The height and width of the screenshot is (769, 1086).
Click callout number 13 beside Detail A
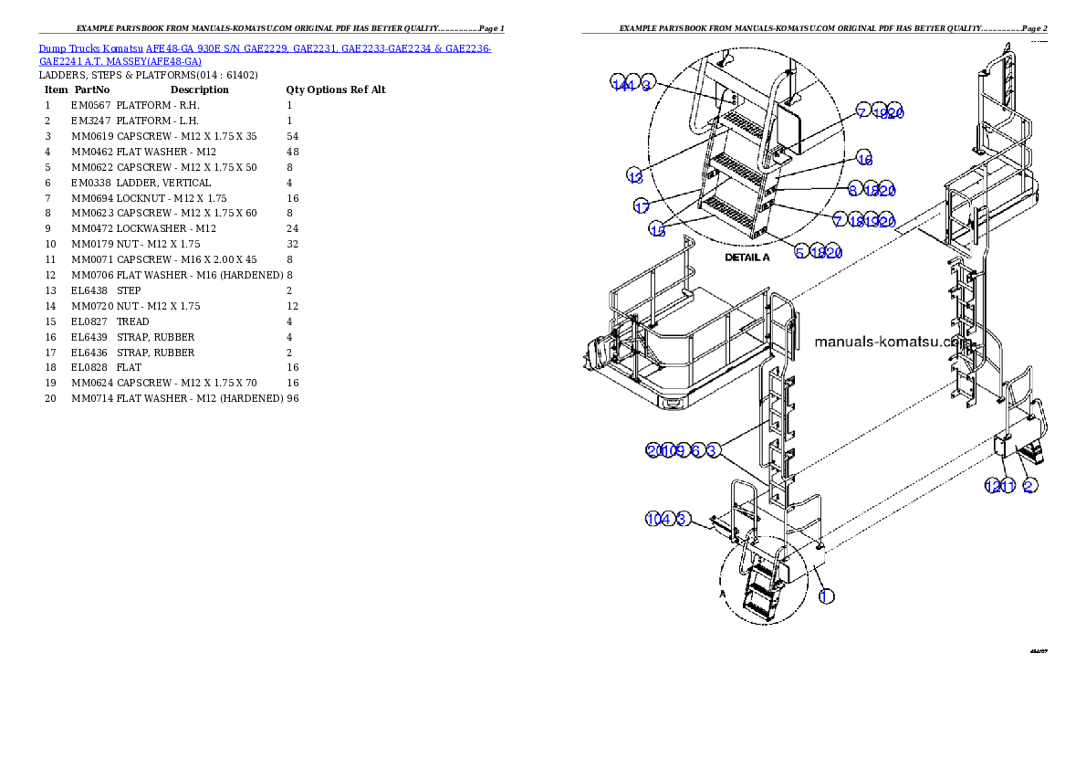coord(635,175)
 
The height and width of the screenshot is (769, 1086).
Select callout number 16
coord(864,159)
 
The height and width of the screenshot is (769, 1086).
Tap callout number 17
coord(642,206)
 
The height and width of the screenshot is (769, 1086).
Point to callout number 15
coord(658,230)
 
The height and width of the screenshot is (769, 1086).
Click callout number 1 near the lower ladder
coord(825,595)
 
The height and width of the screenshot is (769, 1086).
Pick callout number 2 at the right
coord(1029,486)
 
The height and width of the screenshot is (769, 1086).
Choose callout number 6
coord(696,450)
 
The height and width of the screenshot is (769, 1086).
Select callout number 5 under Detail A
coord(800,252)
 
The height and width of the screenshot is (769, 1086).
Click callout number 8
coord(852,190)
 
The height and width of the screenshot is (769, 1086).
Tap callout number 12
coord(993,486)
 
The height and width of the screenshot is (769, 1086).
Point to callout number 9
coord(680,450)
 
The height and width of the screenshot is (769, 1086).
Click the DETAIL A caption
coord(747,258)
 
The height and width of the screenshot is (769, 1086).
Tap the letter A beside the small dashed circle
coord(724,592)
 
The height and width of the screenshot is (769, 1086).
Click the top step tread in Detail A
coord(747,122)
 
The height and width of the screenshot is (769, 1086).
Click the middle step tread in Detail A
coord(739,165)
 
